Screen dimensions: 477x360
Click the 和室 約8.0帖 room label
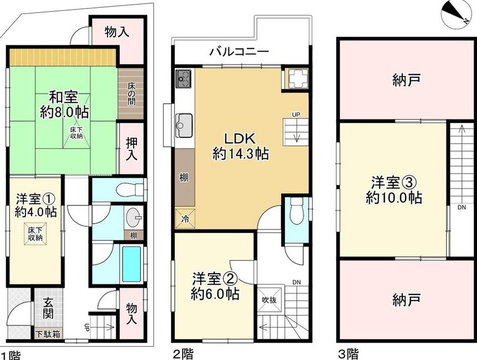pos(64,105)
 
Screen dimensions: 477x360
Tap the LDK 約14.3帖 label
pos(240,146)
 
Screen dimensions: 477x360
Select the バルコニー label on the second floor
pos(240,52)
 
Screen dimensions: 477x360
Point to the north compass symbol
pos(456,14)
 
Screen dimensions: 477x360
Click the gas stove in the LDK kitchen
pos(184,78)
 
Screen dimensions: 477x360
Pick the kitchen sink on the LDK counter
pos(184,126)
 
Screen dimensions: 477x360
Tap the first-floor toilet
pos(130,190)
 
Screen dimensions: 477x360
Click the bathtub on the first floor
pos(132,264)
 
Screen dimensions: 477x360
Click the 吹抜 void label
pos(270,300)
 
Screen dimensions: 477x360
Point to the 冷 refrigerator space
pos(185,218)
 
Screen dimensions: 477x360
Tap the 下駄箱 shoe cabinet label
pos(48,334)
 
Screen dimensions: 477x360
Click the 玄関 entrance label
pos(48,308)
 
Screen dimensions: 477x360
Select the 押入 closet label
pos(132,148)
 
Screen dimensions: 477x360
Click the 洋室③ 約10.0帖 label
pos(394,191)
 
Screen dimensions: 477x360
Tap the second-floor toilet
pos(295,212)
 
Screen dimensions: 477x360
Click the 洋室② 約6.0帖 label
pos(215,285)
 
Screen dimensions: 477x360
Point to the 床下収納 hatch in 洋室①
pos(35,234)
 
